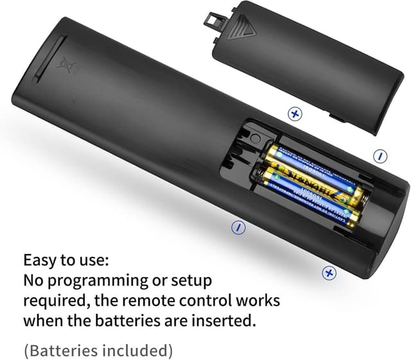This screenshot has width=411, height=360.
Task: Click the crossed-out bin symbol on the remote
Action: point(64,64)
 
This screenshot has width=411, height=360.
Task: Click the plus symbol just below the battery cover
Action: point(295,114)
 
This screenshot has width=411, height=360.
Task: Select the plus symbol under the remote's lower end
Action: point(329,273)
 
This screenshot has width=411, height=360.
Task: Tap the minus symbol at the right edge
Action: point(380,156)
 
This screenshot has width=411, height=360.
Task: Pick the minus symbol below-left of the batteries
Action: point(238,227)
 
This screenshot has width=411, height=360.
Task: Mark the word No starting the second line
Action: point(34,281)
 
